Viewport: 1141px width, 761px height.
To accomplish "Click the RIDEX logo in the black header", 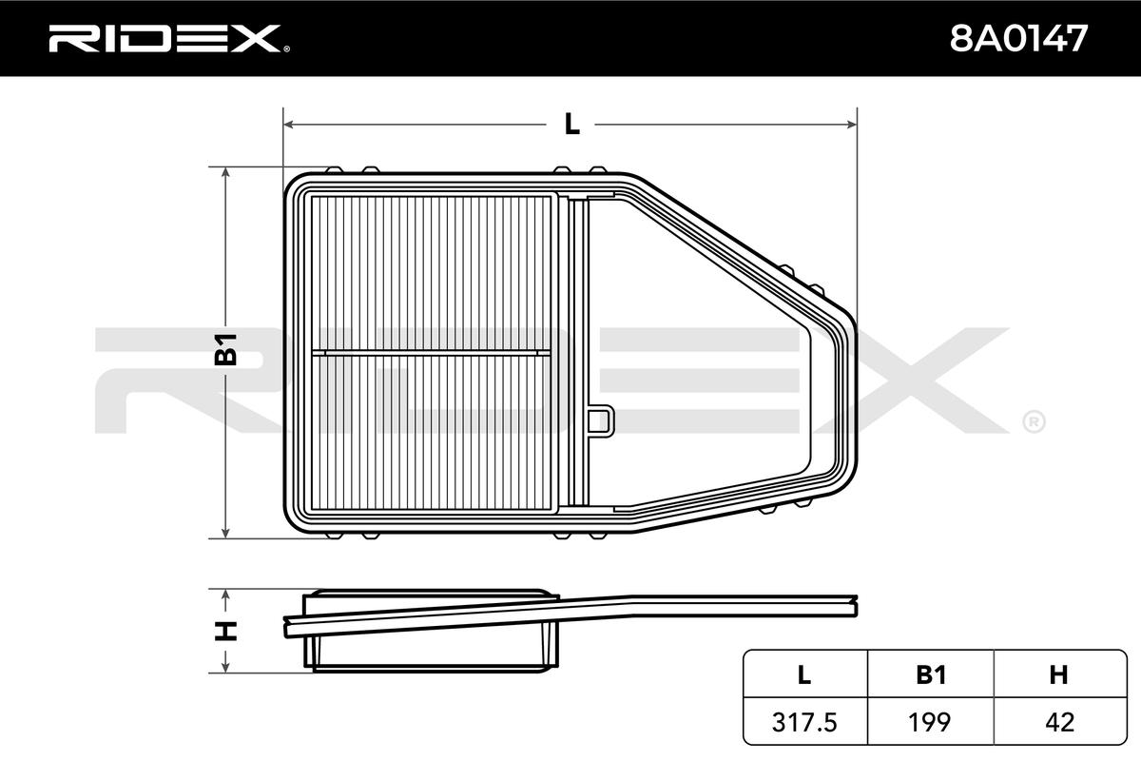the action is coord(169,38).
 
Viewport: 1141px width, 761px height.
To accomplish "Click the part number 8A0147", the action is coord(1018,38).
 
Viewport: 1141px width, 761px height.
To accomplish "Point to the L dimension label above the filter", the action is coord(572,124).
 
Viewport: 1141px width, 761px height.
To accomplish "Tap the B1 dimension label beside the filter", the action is coord(225,349).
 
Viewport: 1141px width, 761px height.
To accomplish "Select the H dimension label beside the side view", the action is coord(225,631).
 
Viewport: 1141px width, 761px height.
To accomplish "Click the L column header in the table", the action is coord(803,674).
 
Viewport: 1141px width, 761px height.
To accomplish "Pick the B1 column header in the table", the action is coord(931,674).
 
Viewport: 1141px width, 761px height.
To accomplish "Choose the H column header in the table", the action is coord(1059,674).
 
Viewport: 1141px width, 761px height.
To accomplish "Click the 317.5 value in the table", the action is coord(804,722).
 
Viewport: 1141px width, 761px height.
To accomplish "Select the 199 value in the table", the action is coord(929,722).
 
